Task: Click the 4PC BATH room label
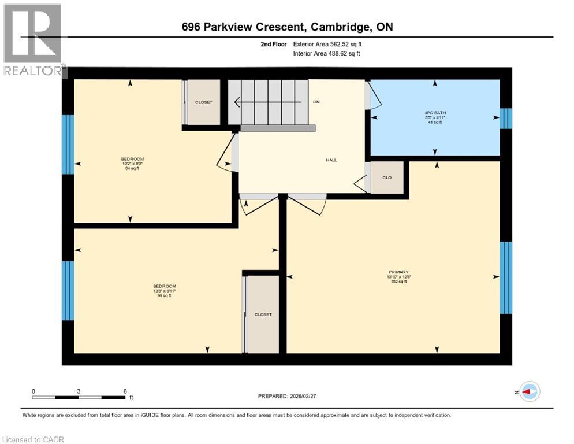point(434,113)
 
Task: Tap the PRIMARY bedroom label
point(398,272)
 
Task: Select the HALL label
point(331,160)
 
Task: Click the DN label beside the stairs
point(316,102)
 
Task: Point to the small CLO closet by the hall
point(387,177)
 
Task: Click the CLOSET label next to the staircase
point(203,102)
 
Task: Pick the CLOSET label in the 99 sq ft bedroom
point(263,314)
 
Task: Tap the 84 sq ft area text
point(132,169)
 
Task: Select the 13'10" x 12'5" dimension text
point(398,277)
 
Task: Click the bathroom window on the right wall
point(506,119)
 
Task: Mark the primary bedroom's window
point(506,277)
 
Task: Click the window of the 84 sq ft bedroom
point(68,144)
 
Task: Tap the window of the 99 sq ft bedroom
point(68,290)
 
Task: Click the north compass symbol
point(529,391)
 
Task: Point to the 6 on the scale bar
point(125,391)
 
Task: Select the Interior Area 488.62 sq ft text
point(326,53)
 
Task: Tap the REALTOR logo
point(33,40)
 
